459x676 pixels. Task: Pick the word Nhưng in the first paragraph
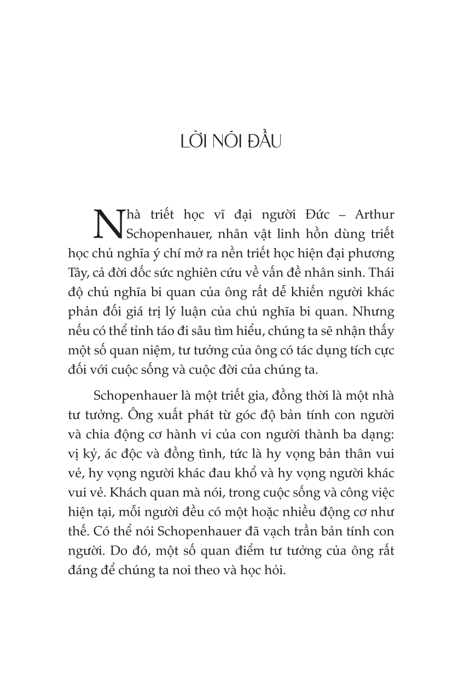[x=373, y=313]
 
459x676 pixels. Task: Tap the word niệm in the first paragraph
[x=147, y=353]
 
